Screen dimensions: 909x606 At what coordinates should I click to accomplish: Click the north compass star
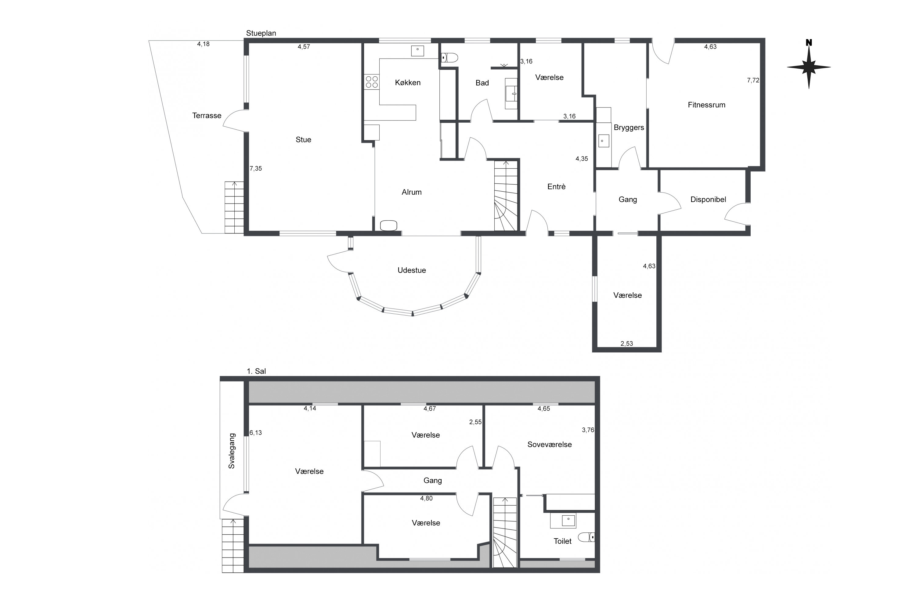click(x=809, y=67)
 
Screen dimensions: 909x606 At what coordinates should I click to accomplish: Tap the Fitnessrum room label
click(x=706, y=105)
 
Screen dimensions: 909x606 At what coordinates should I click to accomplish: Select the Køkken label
click(x=408, y=82)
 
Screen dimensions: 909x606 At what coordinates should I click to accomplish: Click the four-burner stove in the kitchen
click(x=372, y=81)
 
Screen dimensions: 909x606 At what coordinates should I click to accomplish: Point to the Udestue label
click(x=412, y=270)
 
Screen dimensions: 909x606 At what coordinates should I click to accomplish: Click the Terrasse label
click(x=207, y=116)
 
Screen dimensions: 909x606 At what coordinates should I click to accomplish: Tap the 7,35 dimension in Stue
click(x=255, y=168)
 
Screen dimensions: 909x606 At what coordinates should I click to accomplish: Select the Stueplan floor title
click(x=261, y=33)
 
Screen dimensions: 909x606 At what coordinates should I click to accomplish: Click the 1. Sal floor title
click(x=256, y=371)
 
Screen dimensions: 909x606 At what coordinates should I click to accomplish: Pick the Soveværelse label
click(x=550, y=445)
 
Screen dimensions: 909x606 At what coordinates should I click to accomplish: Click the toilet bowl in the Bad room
click(x=449, y=58)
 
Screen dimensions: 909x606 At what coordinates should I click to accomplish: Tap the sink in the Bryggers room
click(x=604, y=141)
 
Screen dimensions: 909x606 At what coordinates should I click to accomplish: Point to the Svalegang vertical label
click(x=232, y=451)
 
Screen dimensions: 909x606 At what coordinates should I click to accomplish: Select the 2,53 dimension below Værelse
click(x=626, y=344)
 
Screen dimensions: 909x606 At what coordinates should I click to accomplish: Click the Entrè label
click(x=557, y=187)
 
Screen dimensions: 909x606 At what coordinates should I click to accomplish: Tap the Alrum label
click(x=412, y=192)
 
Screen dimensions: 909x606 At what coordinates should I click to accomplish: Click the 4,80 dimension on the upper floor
click(x=426, y=498)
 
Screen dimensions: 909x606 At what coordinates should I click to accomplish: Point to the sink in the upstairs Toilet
click(x=568, y=520)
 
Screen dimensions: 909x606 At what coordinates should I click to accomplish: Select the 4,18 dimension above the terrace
click(x=203, y=44)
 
